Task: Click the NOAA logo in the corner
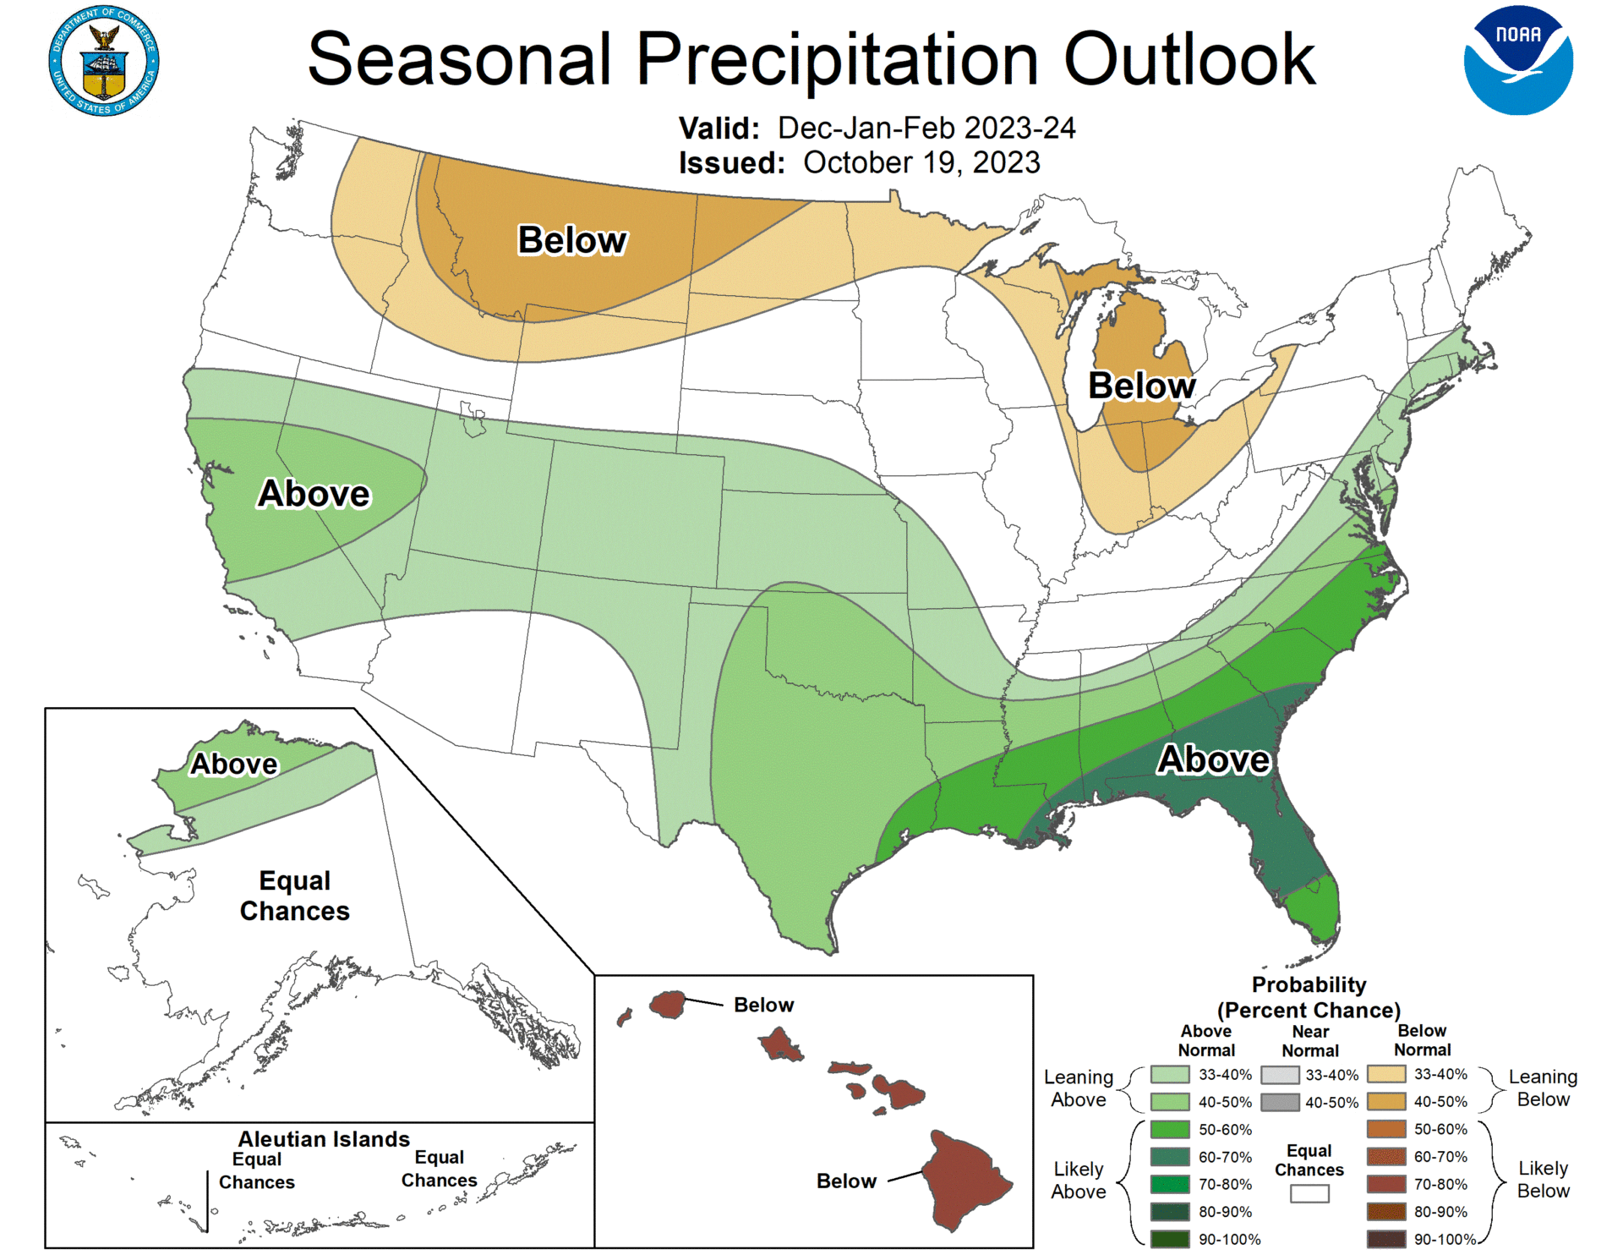click(x=1518, y=60)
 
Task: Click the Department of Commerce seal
click(x=104, y=61)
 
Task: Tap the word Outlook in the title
click(x=1189, y=59)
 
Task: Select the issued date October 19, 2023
click(x=921, y=162)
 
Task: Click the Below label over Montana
click(x=572, y=240)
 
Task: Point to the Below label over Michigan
click(x=1141, y=386)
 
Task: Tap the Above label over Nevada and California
click(x=314, y=494)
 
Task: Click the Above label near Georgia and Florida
click(x=1213, y=759)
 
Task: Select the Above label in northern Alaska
click(x=233, y=764)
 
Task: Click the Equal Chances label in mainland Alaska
click(x=294, y=896)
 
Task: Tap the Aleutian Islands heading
click(x=324, y=1139)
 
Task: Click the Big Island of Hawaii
click(x=965, y=1180)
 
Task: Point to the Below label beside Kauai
click(x=763, y=1005)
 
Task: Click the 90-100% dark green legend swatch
click(x=1170, y=1239)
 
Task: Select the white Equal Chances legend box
click(x=1309, y=1193)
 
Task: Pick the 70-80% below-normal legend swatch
click(x=1386, y=1184)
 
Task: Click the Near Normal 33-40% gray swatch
click(x=1280, y=1075)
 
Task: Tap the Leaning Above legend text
click(x=1078, y=1088)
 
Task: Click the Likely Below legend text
click(x=1543, y=1179)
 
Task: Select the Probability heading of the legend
click(x=1309, y=985)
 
